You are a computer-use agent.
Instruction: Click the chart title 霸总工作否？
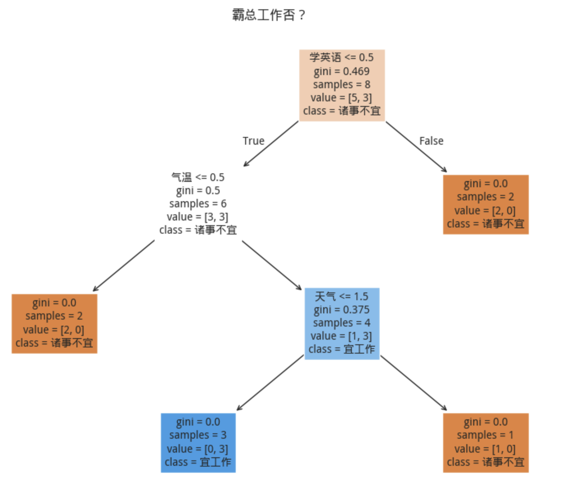click(269, 15)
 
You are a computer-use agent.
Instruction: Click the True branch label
click(253, 141)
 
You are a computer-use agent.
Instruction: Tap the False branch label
click(431, 141)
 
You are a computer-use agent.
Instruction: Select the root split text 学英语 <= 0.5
click(341, 58)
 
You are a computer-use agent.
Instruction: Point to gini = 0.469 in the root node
click(341, 71)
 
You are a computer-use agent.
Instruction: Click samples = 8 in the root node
click(341, 84)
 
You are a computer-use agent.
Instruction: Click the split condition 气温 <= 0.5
click(198, 177)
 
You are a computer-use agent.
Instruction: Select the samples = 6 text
click(198, 203)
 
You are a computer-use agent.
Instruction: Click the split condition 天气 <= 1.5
click(341, 296)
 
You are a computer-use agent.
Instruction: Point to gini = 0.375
click(341, 309)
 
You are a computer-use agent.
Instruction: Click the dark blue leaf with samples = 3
click(198, 443)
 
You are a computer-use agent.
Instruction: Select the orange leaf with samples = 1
click(486, 443)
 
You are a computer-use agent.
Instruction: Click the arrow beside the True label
click(271, 144)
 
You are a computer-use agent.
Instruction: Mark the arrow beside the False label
click(416, 147)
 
